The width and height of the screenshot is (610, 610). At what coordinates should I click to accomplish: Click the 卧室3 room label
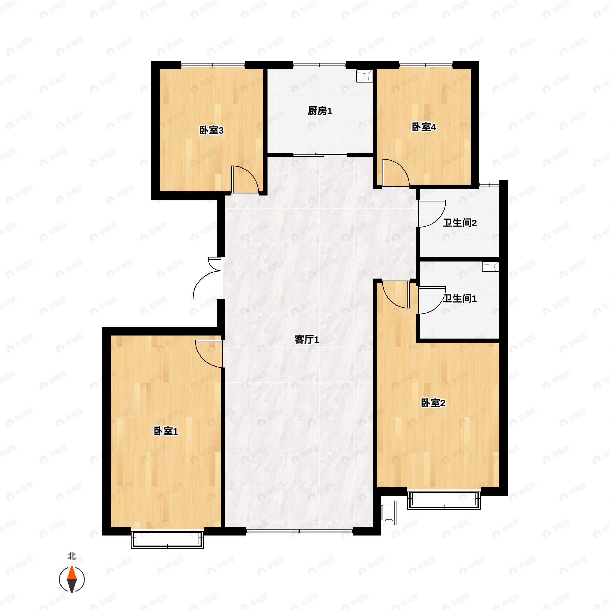pyautogui.click(x=211, y=130)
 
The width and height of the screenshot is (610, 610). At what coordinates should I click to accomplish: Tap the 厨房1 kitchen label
pyautogui.click(x=320, y=111)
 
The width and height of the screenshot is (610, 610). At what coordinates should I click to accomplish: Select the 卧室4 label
pyautogui.click(x=424, y=127)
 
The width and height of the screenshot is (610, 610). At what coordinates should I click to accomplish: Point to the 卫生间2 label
pyautogui.click(x=459, y=223)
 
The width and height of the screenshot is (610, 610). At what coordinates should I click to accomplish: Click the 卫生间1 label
pyautogui.click(x=459, y=298)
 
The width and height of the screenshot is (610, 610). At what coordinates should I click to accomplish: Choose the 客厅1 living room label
pyautogui.click(x=307, y=340)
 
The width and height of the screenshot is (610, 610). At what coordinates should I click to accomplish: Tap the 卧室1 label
pyautogui.click(x=166, y=431)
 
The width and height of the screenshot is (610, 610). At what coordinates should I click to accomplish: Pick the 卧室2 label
pyautogui.click(x=433, y=403)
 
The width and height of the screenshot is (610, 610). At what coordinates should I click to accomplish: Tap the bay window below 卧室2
pyautogui.click(x=444, y=500)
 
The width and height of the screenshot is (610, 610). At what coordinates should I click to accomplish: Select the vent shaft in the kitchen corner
pyautogui.click(x=364, y=76)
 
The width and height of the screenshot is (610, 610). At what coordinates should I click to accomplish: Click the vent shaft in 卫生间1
pyautogui.click(x=490, y=267)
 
